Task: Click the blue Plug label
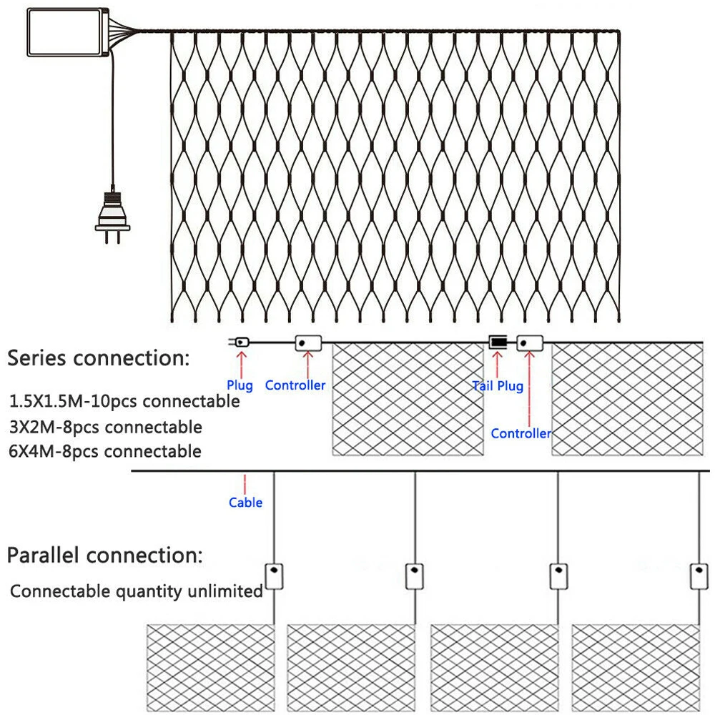point(240,386)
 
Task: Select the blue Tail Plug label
point(498,386)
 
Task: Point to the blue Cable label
point(245,503)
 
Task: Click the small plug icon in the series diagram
point(240,342)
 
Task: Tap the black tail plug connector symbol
point(498,342)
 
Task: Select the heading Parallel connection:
point(104,555)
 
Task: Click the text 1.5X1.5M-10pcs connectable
point(125,401)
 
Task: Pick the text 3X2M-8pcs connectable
point(107,427)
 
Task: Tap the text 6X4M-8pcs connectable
point(107,451)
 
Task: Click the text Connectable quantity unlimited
point(137,591)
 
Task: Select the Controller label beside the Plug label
point(295,385)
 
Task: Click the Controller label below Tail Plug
point(521,433)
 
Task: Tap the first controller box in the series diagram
point(308,342)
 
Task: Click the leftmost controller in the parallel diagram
point(274,576)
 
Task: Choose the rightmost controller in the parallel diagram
point(699,576)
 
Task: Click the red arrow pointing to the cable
point(245,483)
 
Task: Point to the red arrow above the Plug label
point(241,364)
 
